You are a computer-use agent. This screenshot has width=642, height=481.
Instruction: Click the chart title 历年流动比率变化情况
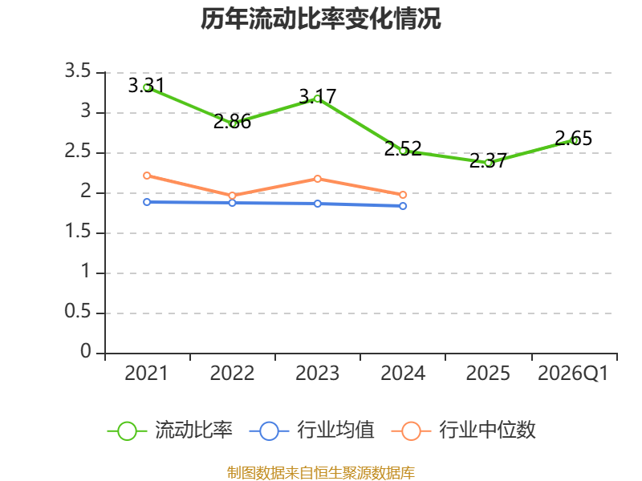click(x=320, y=18)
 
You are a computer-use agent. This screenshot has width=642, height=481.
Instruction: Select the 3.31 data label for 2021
click(x=146, y=86)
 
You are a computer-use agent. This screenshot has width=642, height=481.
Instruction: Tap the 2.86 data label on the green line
click(x=232, y=122)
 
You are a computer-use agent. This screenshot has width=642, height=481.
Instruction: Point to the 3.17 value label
click(x=317, y=96)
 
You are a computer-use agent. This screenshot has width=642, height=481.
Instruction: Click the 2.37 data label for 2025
click(x=488, y=160)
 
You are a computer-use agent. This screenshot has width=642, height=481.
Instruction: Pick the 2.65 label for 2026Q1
click(x=573, y=138)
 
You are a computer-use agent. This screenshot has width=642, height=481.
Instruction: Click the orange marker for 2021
click(x=147, y=176)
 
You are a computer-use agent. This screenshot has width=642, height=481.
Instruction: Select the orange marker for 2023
click(x=318, y=179)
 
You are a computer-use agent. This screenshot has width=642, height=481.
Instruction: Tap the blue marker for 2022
click(x=232, y=203)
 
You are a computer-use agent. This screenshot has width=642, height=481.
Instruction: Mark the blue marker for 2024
click(x=403, y=206)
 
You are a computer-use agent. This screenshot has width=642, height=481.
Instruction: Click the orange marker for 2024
click(x=403, y=195)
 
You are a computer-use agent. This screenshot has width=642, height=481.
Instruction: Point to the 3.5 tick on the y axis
click(x=78, y=71)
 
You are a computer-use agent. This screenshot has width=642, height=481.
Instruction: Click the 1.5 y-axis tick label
click(x=78, y=232)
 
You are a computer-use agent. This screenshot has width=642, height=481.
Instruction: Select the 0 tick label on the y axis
click(x=86, y=351)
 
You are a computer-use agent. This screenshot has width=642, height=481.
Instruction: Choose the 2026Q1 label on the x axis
click(x=573, y=373)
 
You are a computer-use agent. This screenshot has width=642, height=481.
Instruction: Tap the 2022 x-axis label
click(x=232, y=373)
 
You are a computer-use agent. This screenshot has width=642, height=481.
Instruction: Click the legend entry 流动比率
click(x=170, y=430)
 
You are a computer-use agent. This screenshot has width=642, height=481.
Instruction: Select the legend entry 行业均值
click(x=312, y=430)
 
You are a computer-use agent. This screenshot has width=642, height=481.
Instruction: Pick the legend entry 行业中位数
click(x=464, y=430)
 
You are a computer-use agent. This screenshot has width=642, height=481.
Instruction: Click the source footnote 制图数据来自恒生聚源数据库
click(x=321, y=472)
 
